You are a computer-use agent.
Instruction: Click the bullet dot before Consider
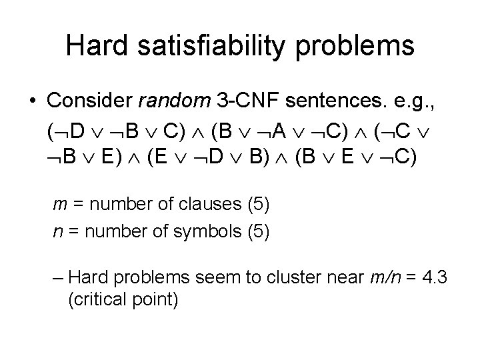pyautogui.click(x=32, y=101)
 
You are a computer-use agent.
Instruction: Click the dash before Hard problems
pyautogui.click(x=58, y=275)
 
